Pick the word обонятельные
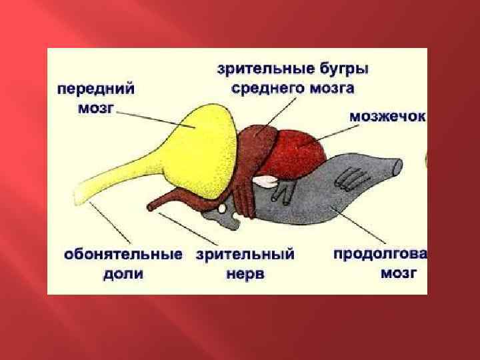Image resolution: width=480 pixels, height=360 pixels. [x=123, y=255]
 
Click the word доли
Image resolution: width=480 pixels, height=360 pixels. [x=123, y=273]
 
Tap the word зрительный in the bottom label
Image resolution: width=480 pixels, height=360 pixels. [x=246, y=255]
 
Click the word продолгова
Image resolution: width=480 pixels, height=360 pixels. [x=380, y=254]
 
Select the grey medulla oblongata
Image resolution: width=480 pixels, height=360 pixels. [x=347, y=193]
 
